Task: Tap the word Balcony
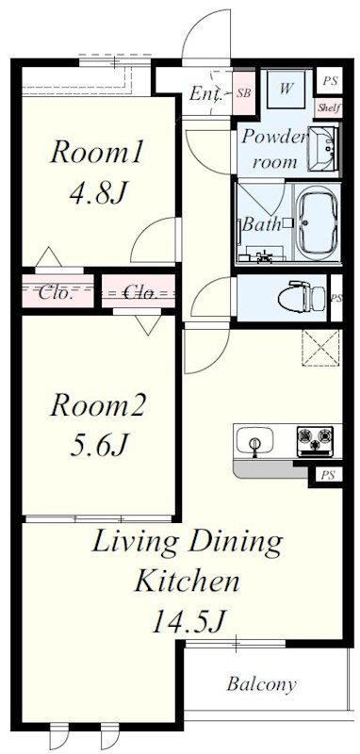point(261,684)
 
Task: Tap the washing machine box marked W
point(286,90)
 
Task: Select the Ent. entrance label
point(206,93)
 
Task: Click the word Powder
point(274,136)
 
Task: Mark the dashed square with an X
point(318,349)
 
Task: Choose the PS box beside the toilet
point(335,299)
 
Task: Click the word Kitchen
point(185,580)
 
